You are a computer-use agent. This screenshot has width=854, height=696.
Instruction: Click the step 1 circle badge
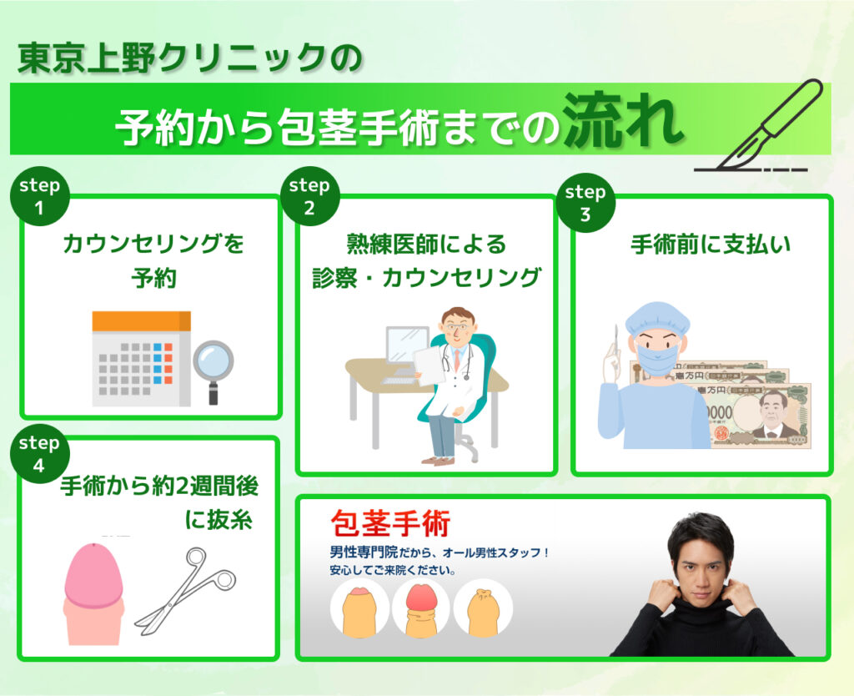39,195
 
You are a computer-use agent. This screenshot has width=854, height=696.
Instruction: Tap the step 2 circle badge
310,195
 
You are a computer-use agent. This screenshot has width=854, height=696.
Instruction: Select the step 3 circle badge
585,202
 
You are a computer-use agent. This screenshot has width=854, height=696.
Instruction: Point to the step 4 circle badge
39,453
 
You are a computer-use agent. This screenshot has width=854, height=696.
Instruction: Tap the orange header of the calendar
141,321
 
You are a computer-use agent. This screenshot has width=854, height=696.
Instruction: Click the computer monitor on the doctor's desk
407,349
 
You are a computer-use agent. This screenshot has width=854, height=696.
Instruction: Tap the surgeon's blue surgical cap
658,319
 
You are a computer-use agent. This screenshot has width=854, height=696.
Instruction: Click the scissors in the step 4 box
186,592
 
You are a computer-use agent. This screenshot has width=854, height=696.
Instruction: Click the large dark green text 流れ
622,120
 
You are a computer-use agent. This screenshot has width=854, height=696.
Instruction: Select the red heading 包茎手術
390,524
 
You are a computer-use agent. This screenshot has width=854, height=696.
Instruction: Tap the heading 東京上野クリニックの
189,58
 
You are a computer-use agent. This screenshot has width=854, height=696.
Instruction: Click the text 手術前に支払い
711,244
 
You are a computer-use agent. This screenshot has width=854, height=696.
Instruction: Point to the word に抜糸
219,519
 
